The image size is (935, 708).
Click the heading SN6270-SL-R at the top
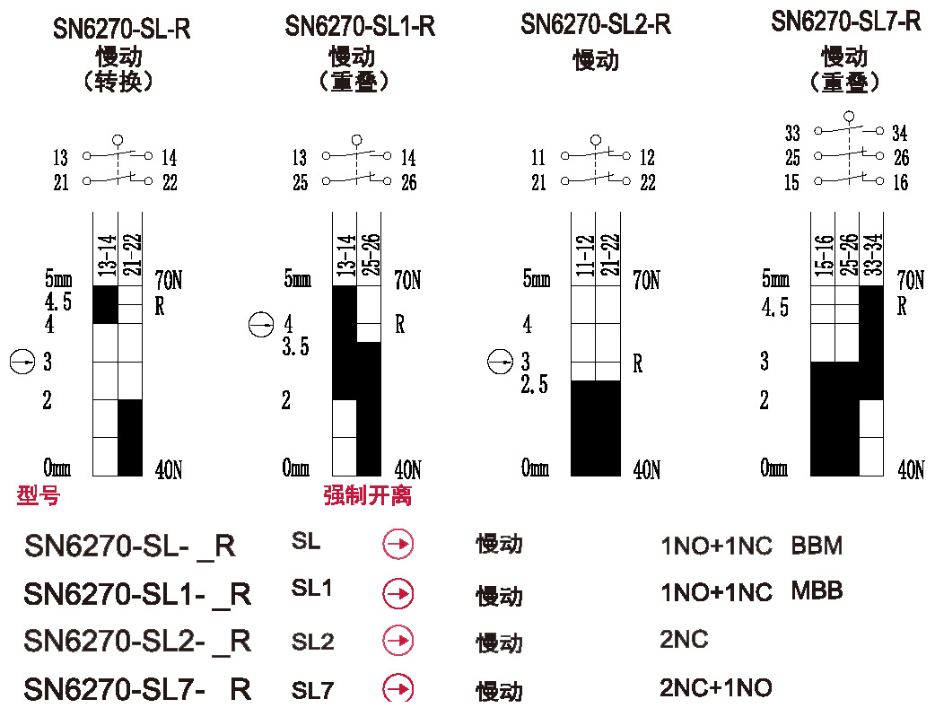121,29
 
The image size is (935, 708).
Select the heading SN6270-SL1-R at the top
360,26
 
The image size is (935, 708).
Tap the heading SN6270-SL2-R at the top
596,24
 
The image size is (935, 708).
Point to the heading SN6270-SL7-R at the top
845,22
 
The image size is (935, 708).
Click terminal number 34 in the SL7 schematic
900,134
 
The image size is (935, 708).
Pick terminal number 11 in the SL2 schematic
538,159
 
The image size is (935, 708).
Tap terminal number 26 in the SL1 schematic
408,183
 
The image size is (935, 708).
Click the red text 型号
39,495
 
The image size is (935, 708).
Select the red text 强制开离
368,495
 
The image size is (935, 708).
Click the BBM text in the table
817,546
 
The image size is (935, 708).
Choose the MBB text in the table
817,591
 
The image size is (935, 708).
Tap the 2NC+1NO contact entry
715,688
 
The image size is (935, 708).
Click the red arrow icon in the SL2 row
398,641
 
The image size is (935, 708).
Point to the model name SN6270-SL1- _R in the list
137,594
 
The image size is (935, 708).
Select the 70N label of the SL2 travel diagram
646,280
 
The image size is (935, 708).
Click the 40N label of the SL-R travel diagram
169,468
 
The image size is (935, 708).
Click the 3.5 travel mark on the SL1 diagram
295,347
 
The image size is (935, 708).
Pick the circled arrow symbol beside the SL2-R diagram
500,363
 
